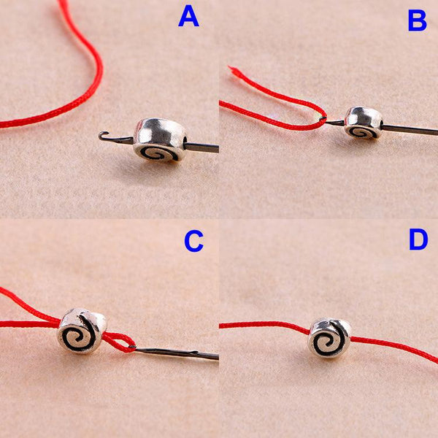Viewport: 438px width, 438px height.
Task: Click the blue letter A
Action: pos(188,16)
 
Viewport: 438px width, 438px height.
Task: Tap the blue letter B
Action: pos(417,21)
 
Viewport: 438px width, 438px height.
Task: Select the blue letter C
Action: pos(193,242)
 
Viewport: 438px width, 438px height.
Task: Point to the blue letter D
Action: pos(418,239)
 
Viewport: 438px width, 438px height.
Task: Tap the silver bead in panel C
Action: pos(82,331)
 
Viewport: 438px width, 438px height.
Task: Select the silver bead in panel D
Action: pos(329,337)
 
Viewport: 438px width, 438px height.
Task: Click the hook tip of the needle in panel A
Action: pos(104,134)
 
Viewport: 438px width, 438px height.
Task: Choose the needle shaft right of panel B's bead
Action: pos(409,130)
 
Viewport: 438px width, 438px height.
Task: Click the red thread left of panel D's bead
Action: pos(263,325)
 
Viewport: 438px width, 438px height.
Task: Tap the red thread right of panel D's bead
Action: pos(394,349)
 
